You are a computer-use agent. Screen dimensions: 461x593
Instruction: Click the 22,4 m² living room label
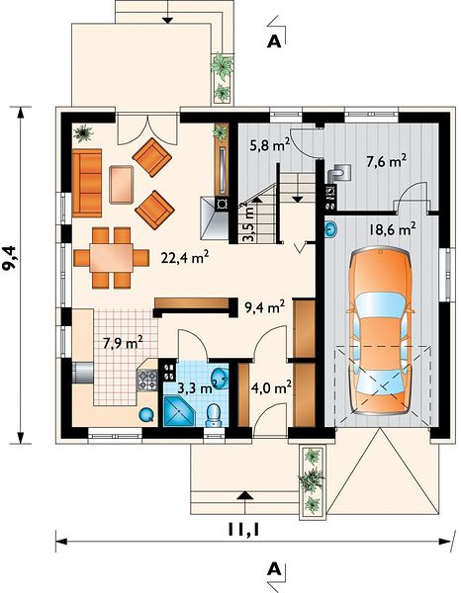(185, 258)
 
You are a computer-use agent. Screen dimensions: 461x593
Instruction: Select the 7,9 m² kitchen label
(123, 343)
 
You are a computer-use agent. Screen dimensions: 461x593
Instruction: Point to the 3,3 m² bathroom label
(197, 388)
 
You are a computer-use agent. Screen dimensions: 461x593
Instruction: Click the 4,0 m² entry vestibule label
(271, 388)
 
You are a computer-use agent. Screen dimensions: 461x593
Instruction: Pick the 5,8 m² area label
(270, 144)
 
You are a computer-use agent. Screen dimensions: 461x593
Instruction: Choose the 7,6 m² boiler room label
(387, 162)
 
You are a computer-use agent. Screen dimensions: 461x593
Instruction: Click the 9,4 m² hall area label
(265, 307)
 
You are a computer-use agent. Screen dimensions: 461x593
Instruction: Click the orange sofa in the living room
(87, 183)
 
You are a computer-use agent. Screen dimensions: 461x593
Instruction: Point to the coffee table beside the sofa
(121, 185)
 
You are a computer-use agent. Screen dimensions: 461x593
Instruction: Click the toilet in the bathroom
(214, 416)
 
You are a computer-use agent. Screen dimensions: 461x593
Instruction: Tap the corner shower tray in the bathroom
(178, 412)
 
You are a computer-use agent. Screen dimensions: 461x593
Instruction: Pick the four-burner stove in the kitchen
(147, 381)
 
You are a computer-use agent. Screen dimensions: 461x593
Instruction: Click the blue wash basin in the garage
(331, 229)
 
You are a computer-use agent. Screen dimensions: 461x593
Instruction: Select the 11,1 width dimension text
(244, 530)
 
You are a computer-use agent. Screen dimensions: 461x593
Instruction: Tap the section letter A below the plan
(274, 568)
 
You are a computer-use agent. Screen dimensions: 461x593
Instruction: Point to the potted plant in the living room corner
(83, 133)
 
